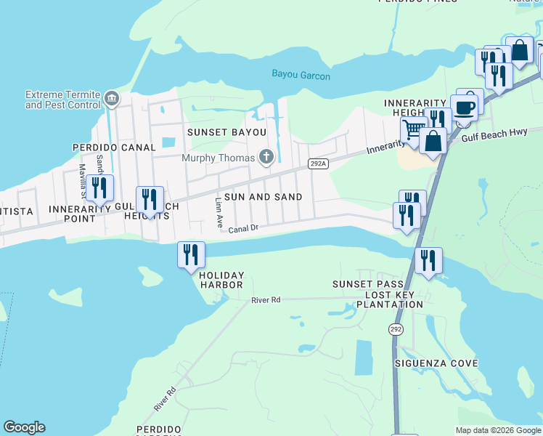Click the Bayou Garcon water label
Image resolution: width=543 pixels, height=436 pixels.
(x=301, y=75)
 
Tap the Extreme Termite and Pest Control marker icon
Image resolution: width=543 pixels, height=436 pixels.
(x=111, y=98)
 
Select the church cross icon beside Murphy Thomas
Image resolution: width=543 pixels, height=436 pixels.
(x=266, y=157)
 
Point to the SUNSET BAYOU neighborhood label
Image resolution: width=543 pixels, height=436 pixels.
(x=226, y=132)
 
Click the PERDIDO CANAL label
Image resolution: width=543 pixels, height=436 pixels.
(x=114, y=148)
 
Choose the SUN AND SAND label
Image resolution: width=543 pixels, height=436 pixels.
(x=262, y=197)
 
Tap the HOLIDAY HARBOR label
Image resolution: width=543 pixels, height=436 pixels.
(x=221, y=280)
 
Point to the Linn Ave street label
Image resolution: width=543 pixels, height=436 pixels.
(x=219, y=213)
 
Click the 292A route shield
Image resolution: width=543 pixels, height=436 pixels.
(x=318, y=164)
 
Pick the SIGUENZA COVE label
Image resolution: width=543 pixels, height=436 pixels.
(x=436, y=363)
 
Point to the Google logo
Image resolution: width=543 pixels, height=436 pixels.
(x=24, y=427)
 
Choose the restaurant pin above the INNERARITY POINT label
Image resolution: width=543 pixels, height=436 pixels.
(x=99, y=188)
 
